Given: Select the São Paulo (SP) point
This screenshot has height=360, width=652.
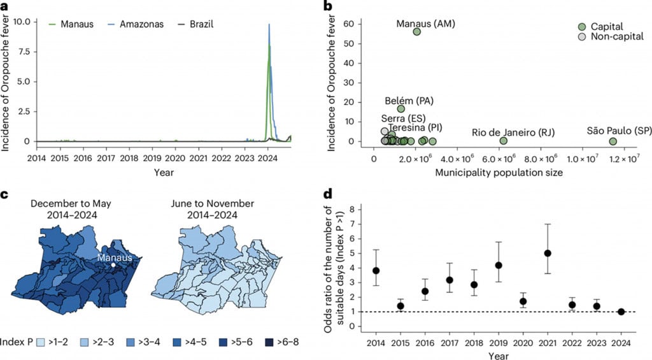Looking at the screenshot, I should (613, 141).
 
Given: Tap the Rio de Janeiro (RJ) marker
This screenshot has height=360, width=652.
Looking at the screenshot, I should (504, 141).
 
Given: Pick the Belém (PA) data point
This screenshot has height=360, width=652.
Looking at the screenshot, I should (401, 108).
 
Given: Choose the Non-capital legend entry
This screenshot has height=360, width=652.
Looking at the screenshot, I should (582, 38).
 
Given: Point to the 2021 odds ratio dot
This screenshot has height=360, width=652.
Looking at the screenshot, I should (548, 253).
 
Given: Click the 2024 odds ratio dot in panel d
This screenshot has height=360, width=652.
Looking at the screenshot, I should (621, 312).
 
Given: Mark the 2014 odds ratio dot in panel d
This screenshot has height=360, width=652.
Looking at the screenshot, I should (376, 270).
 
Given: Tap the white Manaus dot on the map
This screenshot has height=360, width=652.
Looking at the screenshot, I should (113, 264).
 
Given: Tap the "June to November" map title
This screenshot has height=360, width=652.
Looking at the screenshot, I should (204, 204).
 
